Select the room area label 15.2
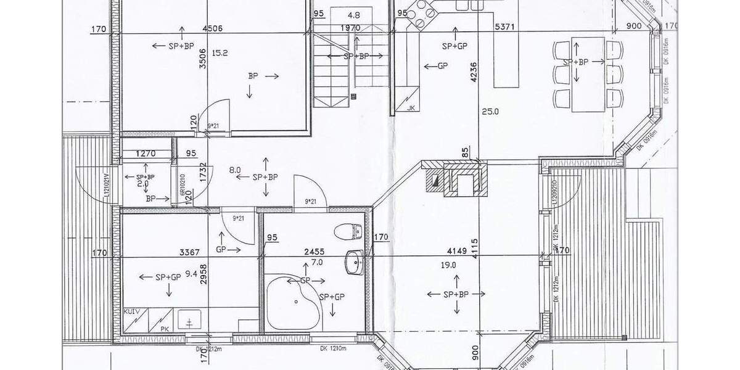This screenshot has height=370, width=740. coord(220,54)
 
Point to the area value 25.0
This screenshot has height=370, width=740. coord(490,112)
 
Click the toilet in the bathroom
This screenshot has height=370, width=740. coord(347,232)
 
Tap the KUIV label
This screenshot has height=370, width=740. coord(132,313)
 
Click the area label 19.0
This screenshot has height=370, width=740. coord(448,265)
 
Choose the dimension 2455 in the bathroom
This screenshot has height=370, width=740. coord(314,252)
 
